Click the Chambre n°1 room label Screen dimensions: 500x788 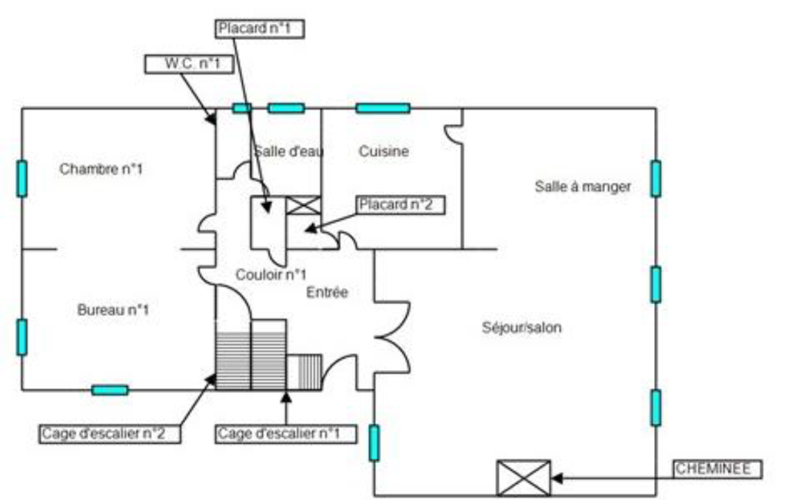tap(101, 169)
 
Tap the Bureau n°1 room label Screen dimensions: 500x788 tap(113, 310)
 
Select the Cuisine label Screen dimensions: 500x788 tap(384, 152)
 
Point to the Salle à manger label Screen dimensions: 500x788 tap(583, 186)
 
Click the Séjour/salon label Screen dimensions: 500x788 tap(521, 328)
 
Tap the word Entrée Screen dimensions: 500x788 tap(327, 292)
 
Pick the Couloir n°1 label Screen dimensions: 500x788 tap(271, 275)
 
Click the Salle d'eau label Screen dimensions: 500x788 tap(288, 152)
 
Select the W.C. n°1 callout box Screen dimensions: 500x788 tap(188, 64)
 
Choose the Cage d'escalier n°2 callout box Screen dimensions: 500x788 tap(111, 434)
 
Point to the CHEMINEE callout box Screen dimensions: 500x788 tap(718, 469)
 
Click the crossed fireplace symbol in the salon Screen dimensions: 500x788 tap(524, 478)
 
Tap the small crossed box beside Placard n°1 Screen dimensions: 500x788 tap(303, 205)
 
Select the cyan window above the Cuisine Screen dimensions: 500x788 tap(383, 108)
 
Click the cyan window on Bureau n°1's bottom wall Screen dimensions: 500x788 tap(110, 390)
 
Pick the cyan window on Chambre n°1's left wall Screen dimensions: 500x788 tap(22, 178)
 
